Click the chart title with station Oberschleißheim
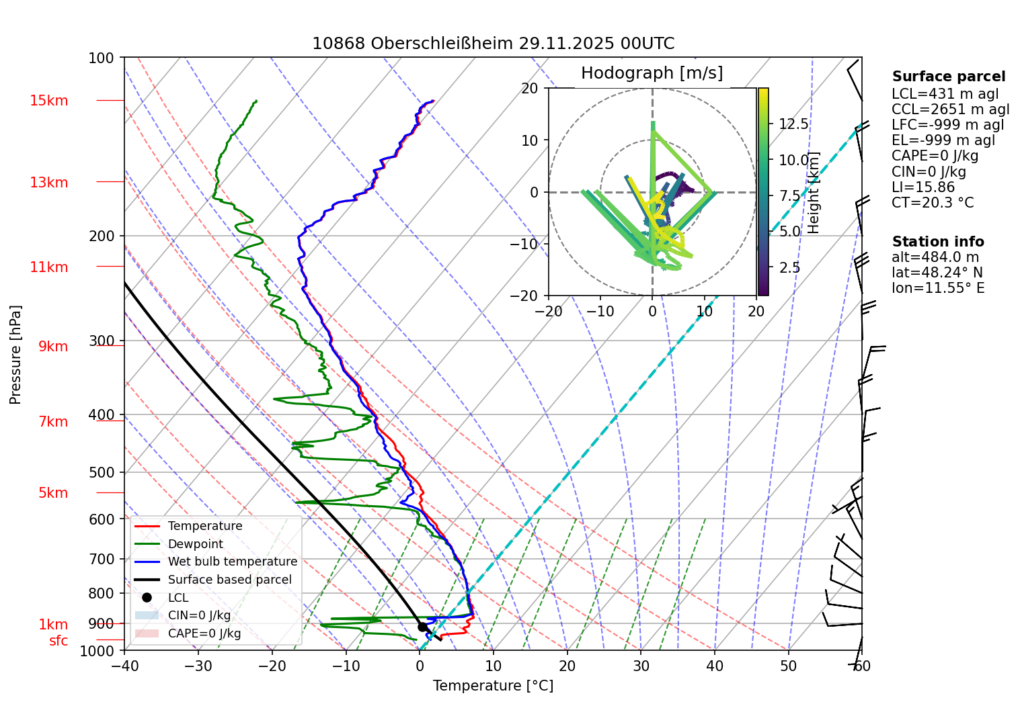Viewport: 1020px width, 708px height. point(493,44)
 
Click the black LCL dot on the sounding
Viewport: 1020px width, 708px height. point(422,627)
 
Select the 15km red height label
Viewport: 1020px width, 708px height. point(48,101)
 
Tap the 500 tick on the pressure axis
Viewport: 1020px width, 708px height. point(102,472)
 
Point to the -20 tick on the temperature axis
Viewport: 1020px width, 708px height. point(272,666)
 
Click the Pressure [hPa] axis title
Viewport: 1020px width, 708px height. point(15,355)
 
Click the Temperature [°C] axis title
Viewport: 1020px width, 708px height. point(493,686)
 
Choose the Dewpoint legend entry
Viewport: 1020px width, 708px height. point(195,544)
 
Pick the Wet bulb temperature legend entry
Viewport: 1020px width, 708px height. point(232,562)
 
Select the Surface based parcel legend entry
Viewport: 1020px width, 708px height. point(229,580)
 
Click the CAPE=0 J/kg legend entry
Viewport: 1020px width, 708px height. point(204,633)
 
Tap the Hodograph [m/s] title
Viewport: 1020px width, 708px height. point(652,73)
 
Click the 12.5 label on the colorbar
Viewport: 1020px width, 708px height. point(793,124)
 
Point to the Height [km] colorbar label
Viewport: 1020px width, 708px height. point(814,192)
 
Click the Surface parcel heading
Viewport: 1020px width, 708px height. point(948,77)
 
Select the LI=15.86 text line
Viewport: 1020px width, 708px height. point(923,187)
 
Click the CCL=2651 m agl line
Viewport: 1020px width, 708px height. point(950,109)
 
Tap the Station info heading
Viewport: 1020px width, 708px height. point(937,242)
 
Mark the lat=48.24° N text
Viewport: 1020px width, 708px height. point(937,273)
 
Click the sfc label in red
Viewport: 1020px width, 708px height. point(58,641)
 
